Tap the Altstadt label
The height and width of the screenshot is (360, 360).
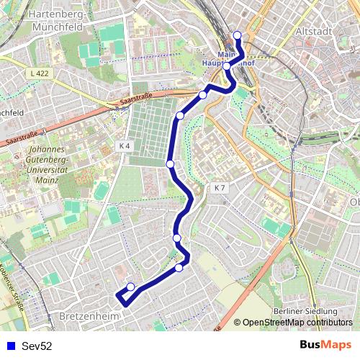click(313, 32)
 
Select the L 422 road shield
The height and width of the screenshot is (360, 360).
click(40, 74)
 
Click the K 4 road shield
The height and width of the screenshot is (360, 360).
click(124, 145)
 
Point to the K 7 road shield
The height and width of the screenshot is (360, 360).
click(220, 188)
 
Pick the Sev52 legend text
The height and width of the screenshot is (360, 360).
click(37, 346)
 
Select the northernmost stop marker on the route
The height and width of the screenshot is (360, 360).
click(237, 35)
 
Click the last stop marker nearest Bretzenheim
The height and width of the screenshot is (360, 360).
click(130, 287)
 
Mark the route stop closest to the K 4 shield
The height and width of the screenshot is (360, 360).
click(171, 164)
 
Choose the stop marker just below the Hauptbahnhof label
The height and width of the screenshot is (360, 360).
click(227, 66)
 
